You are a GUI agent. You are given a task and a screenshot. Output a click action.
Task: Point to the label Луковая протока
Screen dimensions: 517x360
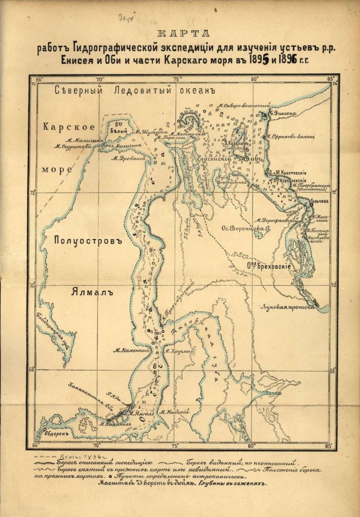click(x=289, y=306)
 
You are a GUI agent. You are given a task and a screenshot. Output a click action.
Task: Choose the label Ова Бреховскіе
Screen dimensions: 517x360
click(x=269, y=266)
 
